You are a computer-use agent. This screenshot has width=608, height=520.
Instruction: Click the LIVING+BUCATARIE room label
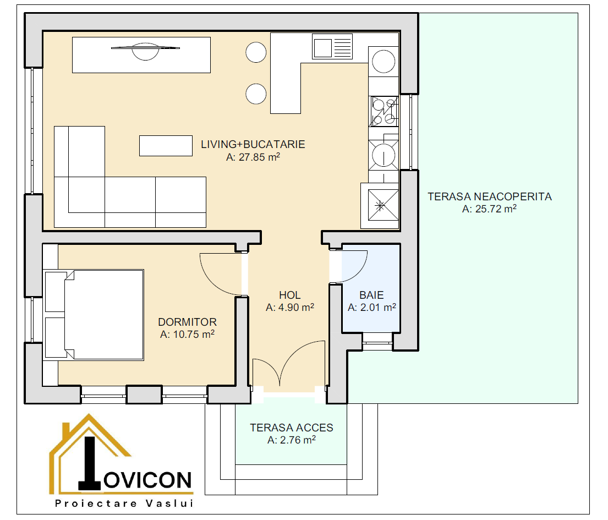(x=253, y=144)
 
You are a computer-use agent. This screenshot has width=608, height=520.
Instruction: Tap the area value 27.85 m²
(x=253, y=157)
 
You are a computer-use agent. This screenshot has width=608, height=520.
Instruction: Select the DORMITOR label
(x=187, y=322)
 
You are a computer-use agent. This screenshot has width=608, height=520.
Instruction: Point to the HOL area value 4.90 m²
(x=289, y=307)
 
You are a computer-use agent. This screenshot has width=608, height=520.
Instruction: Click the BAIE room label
(x=371, y=295)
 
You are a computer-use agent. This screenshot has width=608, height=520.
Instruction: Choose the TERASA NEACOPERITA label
(x=490, y=196)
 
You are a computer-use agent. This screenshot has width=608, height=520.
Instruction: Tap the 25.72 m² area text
(x=489, y=209)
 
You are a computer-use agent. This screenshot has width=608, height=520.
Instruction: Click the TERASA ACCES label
(x=292, y=428)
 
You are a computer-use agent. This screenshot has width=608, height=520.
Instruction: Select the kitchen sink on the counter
(x=332, y=47)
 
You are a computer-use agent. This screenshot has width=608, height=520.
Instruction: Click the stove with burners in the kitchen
(x=384, y=112)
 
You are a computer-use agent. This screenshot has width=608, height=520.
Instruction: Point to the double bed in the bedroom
(x=94, y=315)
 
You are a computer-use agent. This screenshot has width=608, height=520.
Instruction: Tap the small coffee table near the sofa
(x=166, y=146)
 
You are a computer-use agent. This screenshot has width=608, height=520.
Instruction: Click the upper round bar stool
(x=256, y=52)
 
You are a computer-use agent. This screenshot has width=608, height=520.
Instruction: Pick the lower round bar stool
(x=256, y=94)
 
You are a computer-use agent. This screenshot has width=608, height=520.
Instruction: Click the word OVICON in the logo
(x=147, y=480)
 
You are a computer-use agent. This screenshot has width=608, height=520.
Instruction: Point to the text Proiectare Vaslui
(x=124, y=503)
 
